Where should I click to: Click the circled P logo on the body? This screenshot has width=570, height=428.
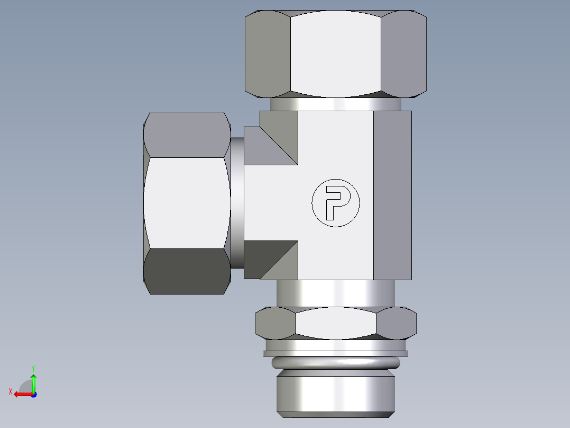click(335, 203)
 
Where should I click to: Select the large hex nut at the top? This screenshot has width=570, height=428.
click(335, 54)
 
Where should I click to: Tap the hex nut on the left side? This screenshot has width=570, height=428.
click(187, 203)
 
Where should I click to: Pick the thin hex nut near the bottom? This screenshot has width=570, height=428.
click(335, 324)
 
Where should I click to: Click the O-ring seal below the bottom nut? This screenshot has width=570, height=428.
click(335, 363)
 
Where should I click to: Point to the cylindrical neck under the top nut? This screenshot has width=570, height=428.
click(335, 104)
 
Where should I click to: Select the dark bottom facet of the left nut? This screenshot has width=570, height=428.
click(187, 271)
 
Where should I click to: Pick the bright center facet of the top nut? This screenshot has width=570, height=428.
click(335, 54)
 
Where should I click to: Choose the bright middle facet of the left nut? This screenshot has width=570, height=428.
click(187, 203)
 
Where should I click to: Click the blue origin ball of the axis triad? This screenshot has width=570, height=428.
click(33, 394)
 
